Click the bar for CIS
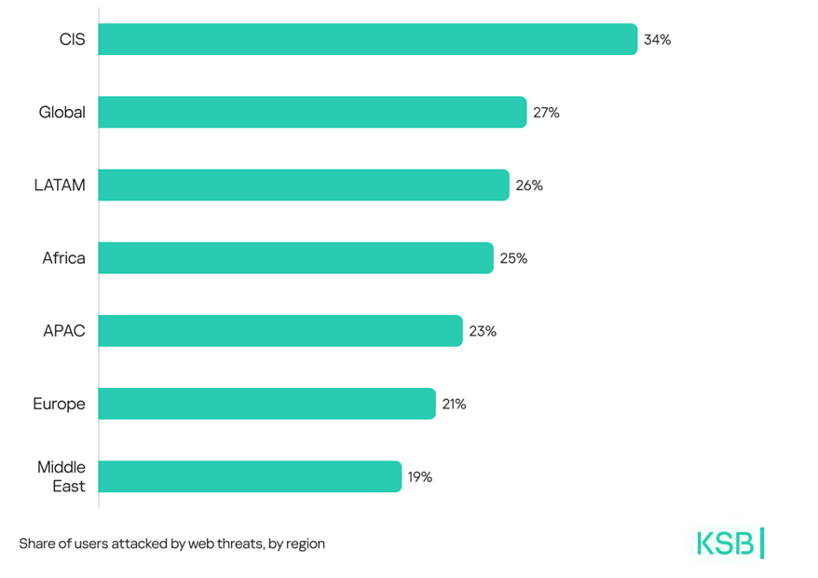[367, 39]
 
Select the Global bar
[312, 112]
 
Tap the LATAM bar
[304, 185]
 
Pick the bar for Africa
[295, 257]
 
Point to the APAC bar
[279, 331]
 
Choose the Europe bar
[266, 404]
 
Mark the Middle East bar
[250, 476]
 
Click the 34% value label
[657, 40]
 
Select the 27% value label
[546, 113]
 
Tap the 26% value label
[529, 186]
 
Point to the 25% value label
[513, 258]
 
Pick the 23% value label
[483, 331]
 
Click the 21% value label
[455, 404]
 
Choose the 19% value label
[419, 477]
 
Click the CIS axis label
[71, 39]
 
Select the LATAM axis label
[60, 185]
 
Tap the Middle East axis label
[61, 476]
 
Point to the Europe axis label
[59, 404]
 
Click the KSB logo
[730, 544]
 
